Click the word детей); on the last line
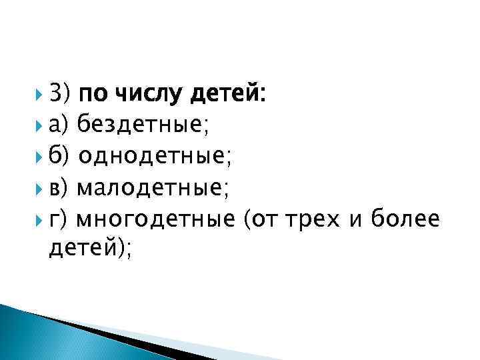click(91, 250)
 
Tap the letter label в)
click(60, 188)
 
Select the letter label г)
click(59, 219)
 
